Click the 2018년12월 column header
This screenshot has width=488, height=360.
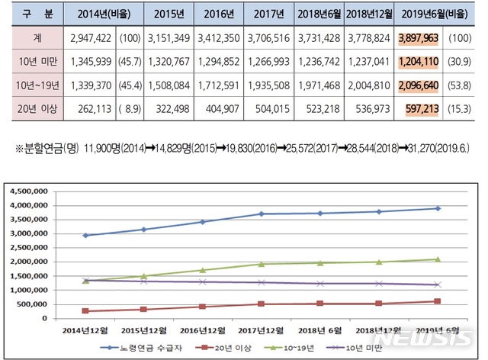pos(367,14)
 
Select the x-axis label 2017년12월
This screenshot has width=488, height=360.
pos(259,329)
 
